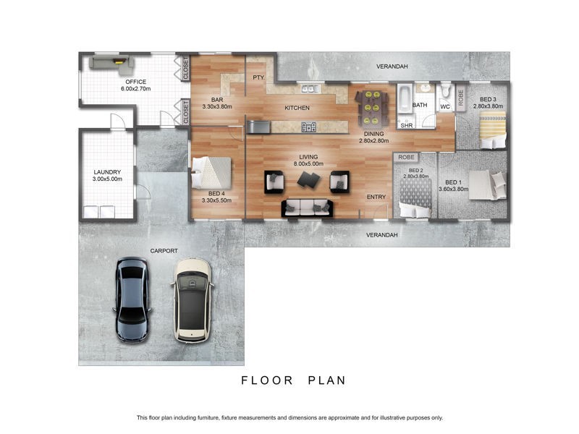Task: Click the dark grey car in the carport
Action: pos(133,297)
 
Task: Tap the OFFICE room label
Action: pos(135,82)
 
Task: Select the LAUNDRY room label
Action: pos(106,172)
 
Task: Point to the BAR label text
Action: pos(216,100)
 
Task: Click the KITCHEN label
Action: pos(297,108)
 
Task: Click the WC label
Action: pos(445,107)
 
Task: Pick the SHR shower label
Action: pos(406,124)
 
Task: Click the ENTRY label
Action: pos(376,197)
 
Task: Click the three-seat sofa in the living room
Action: pos(308,208)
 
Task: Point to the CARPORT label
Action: pos(164,251)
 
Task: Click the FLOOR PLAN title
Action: pos(294,380)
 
